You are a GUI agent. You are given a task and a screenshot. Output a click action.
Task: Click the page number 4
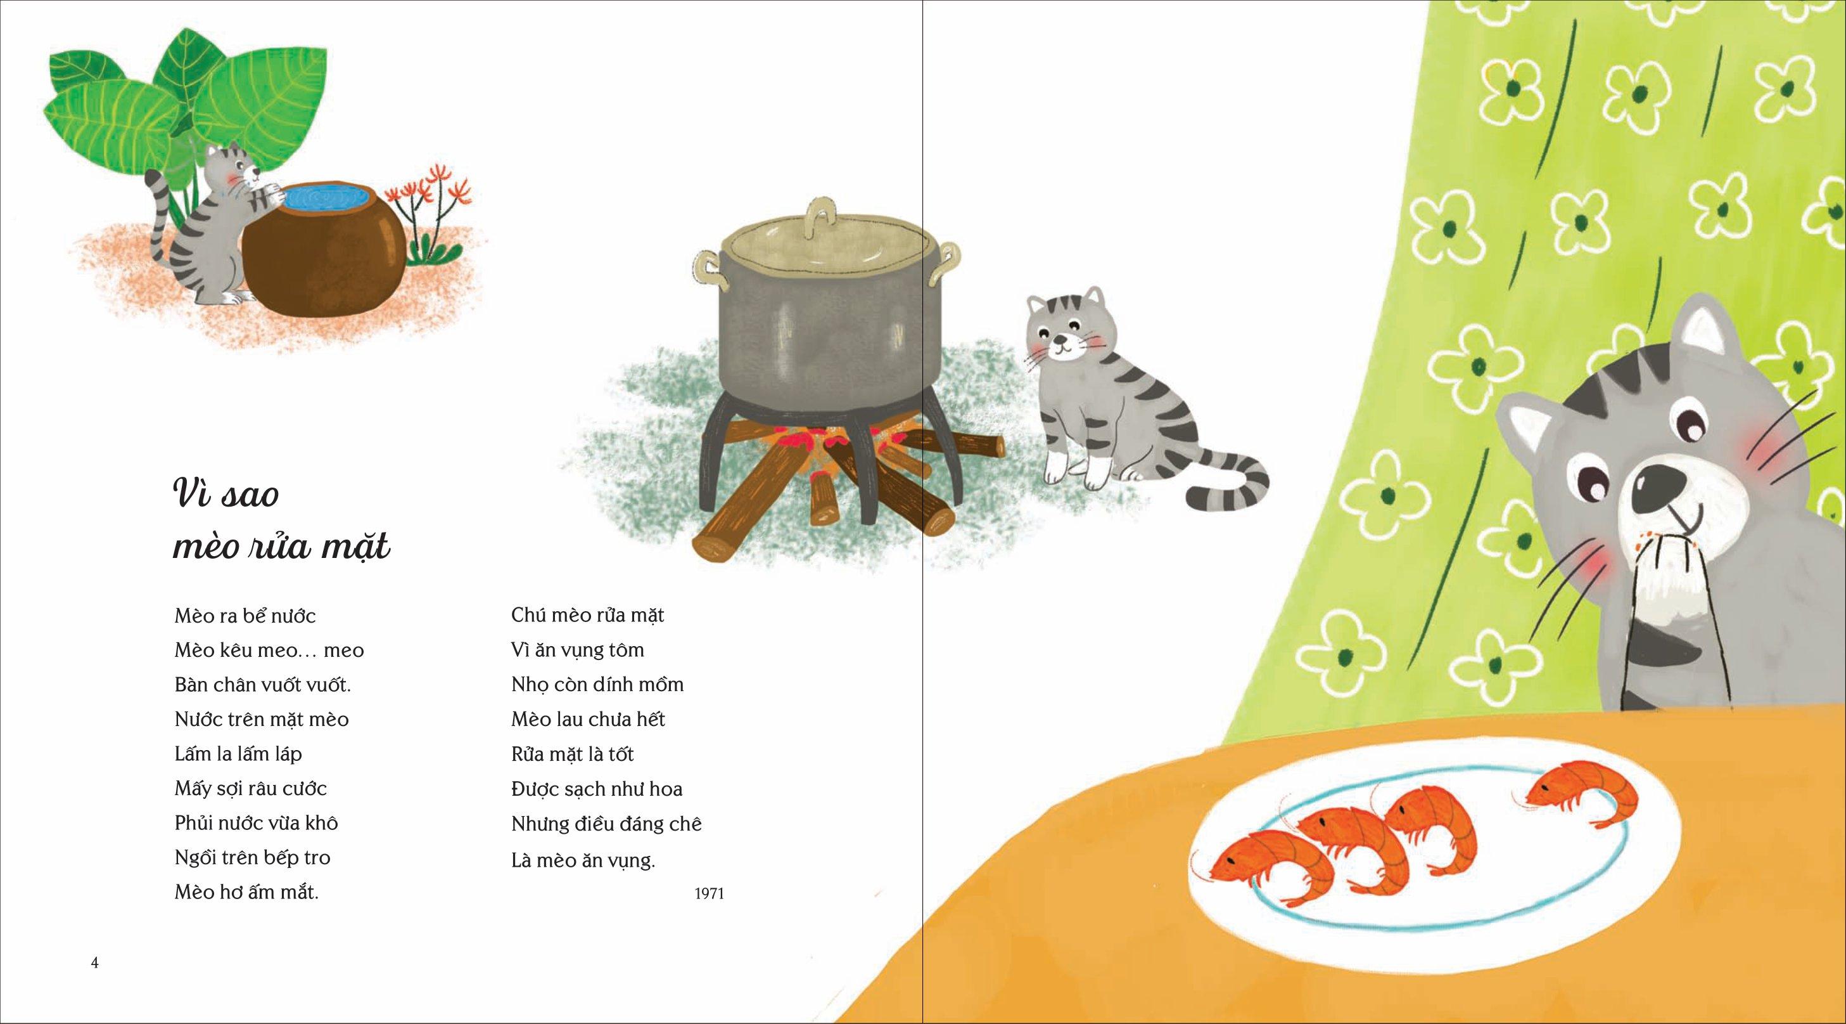pos(94,962)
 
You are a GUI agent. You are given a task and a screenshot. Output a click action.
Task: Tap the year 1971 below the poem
pos(710,894)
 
